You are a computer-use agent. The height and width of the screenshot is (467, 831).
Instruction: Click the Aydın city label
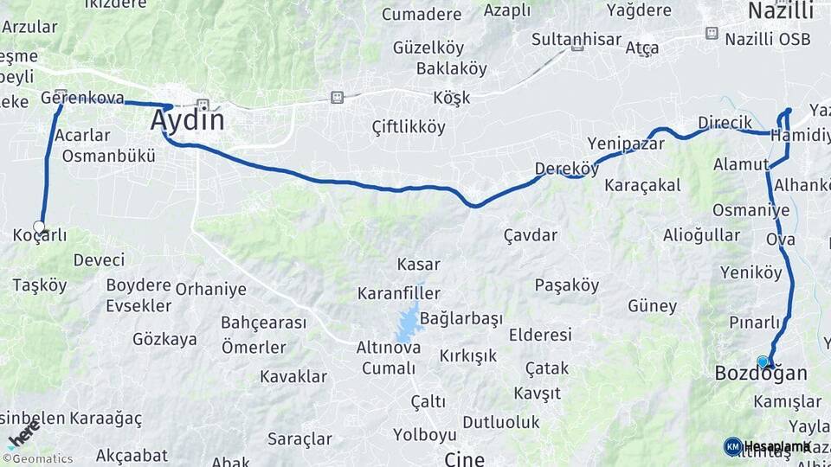pos(187,119)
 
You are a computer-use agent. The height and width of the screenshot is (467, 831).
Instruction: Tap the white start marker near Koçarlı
pos(39,227)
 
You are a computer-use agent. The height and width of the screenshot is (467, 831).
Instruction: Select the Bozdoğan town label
pos(761,374)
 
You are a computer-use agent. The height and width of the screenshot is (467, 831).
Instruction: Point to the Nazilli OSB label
pos(768,39)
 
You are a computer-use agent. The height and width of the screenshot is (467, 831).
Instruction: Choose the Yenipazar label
pos(625,143)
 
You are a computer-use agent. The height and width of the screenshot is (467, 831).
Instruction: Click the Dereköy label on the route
pos(567,169)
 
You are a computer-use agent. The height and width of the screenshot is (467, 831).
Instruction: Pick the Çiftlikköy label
pos(409,127)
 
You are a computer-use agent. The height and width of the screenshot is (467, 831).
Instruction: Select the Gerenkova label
pos(82,98)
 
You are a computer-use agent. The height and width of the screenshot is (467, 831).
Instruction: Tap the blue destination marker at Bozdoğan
pos(763,361)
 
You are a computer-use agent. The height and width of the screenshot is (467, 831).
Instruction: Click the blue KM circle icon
pos(733,446)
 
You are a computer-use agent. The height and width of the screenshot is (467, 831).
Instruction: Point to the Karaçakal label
pos(642,185)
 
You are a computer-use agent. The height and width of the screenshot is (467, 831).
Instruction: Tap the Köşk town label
pos(453,98)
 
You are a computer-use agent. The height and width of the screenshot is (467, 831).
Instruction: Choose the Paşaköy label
pos(567,285)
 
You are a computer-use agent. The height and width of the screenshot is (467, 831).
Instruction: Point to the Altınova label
pos(389,348)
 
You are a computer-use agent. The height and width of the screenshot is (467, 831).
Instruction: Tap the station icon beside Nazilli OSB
pos(712,33)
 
